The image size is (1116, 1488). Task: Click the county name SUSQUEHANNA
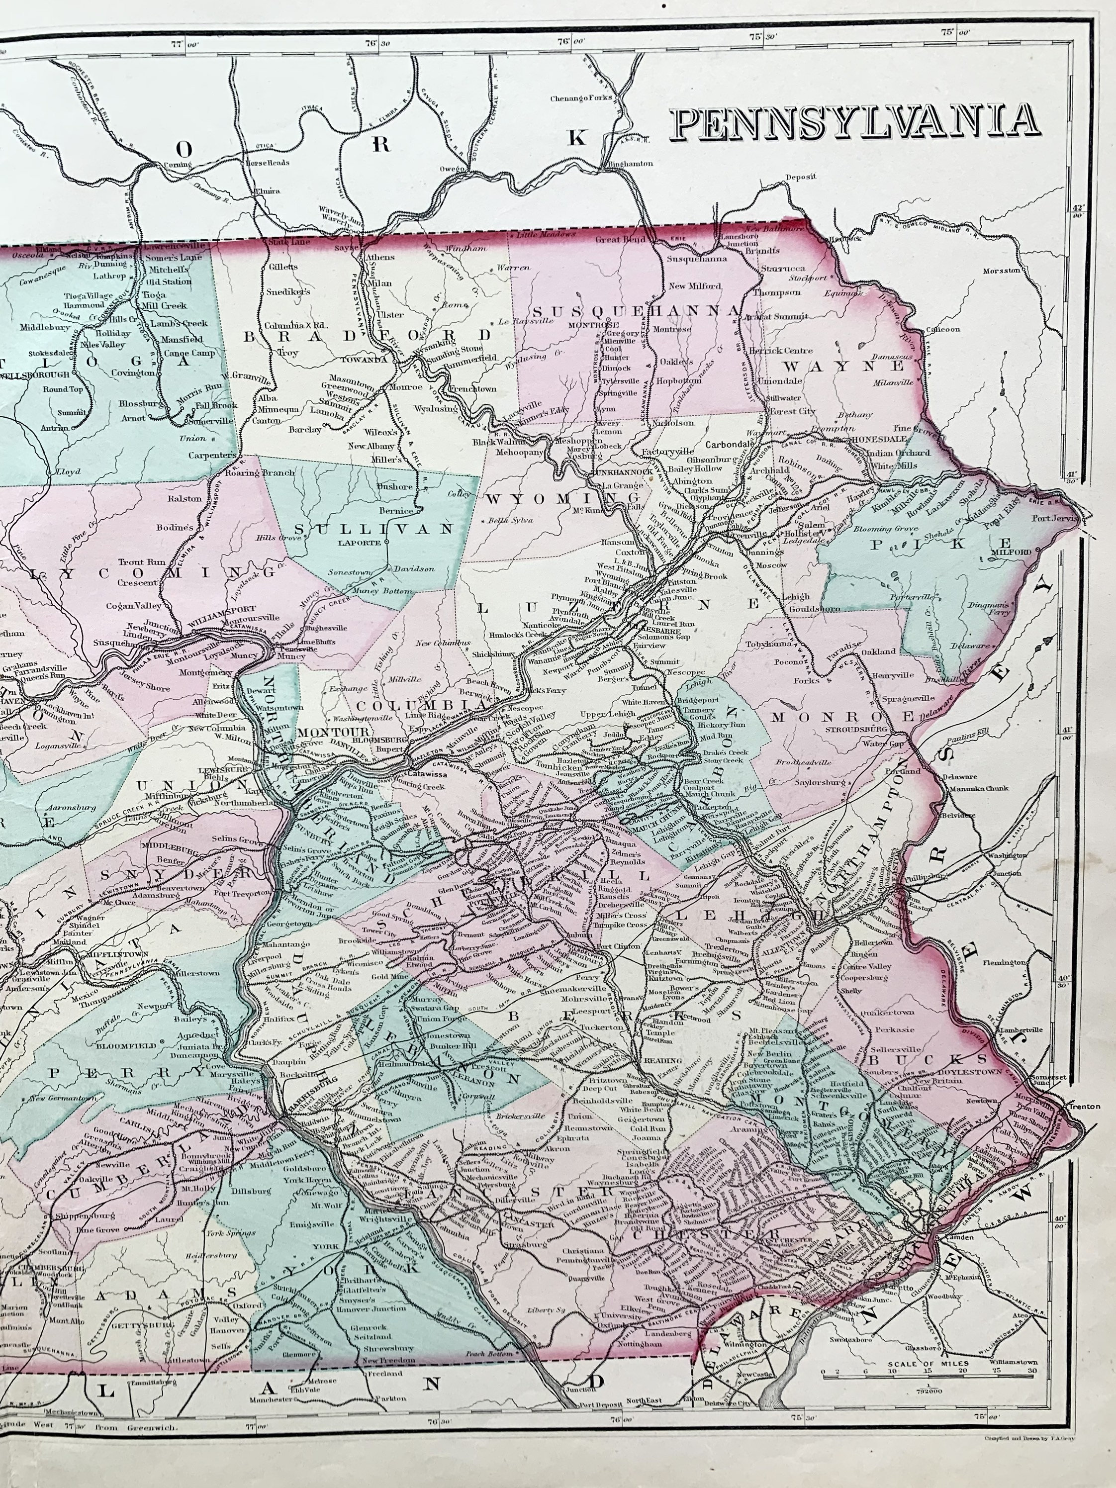point(635,310)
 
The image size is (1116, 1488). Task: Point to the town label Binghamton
point(630,164)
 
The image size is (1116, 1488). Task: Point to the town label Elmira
point(265,190)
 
